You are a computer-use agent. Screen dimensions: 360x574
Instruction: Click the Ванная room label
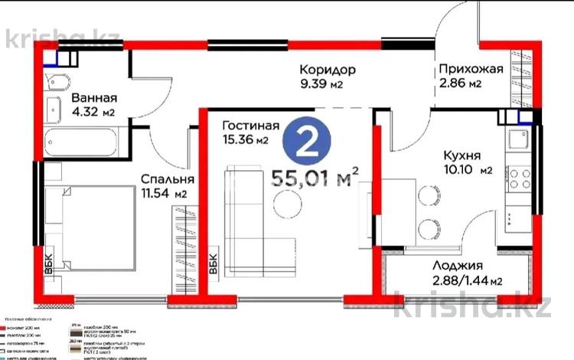coord(94,98)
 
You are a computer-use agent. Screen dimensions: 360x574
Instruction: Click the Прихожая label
coord(471,70)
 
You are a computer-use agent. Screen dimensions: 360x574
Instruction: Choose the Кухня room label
coord(461,155)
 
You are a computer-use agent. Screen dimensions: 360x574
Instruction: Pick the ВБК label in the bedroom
coord(49,260)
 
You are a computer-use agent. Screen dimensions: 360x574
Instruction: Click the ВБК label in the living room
coord(214,261)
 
